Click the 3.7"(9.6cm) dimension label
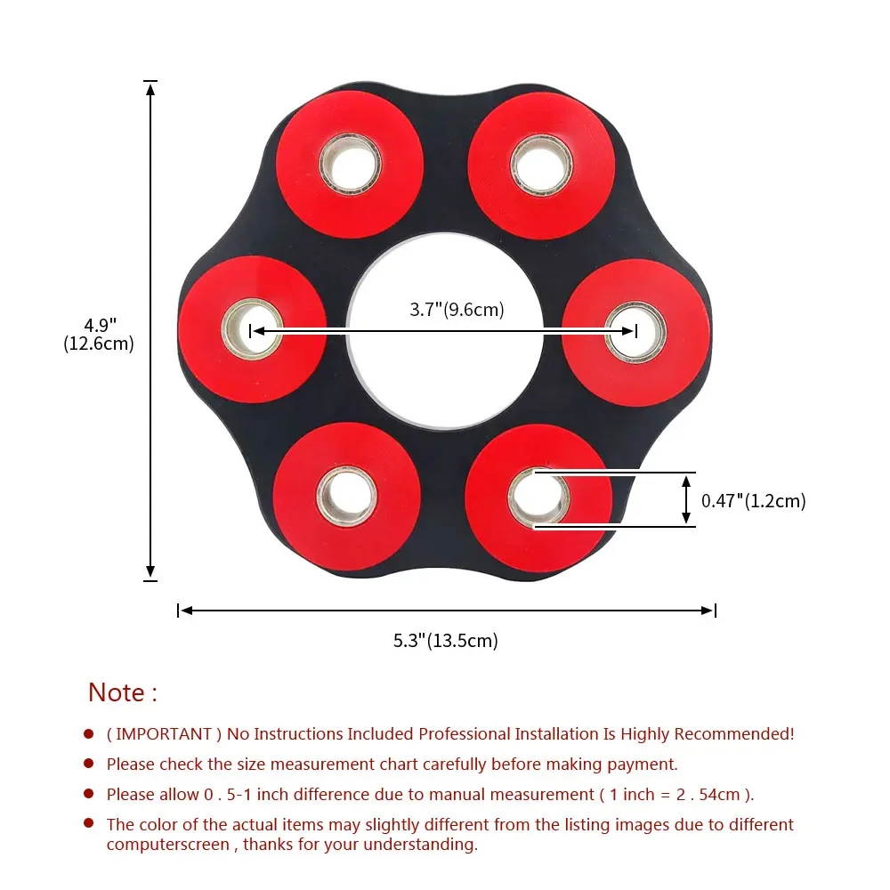point(457,310)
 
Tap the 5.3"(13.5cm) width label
point(446,640)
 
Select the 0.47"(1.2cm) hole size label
point(753,501)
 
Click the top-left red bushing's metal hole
point(350,166)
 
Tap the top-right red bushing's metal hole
point(543,166)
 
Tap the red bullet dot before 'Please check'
point(89,764)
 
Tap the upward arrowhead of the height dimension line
point(151,87)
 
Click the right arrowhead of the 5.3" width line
point(708,611)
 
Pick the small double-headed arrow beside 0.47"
point(686,499)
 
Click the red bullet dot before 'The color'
point(89,824)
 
